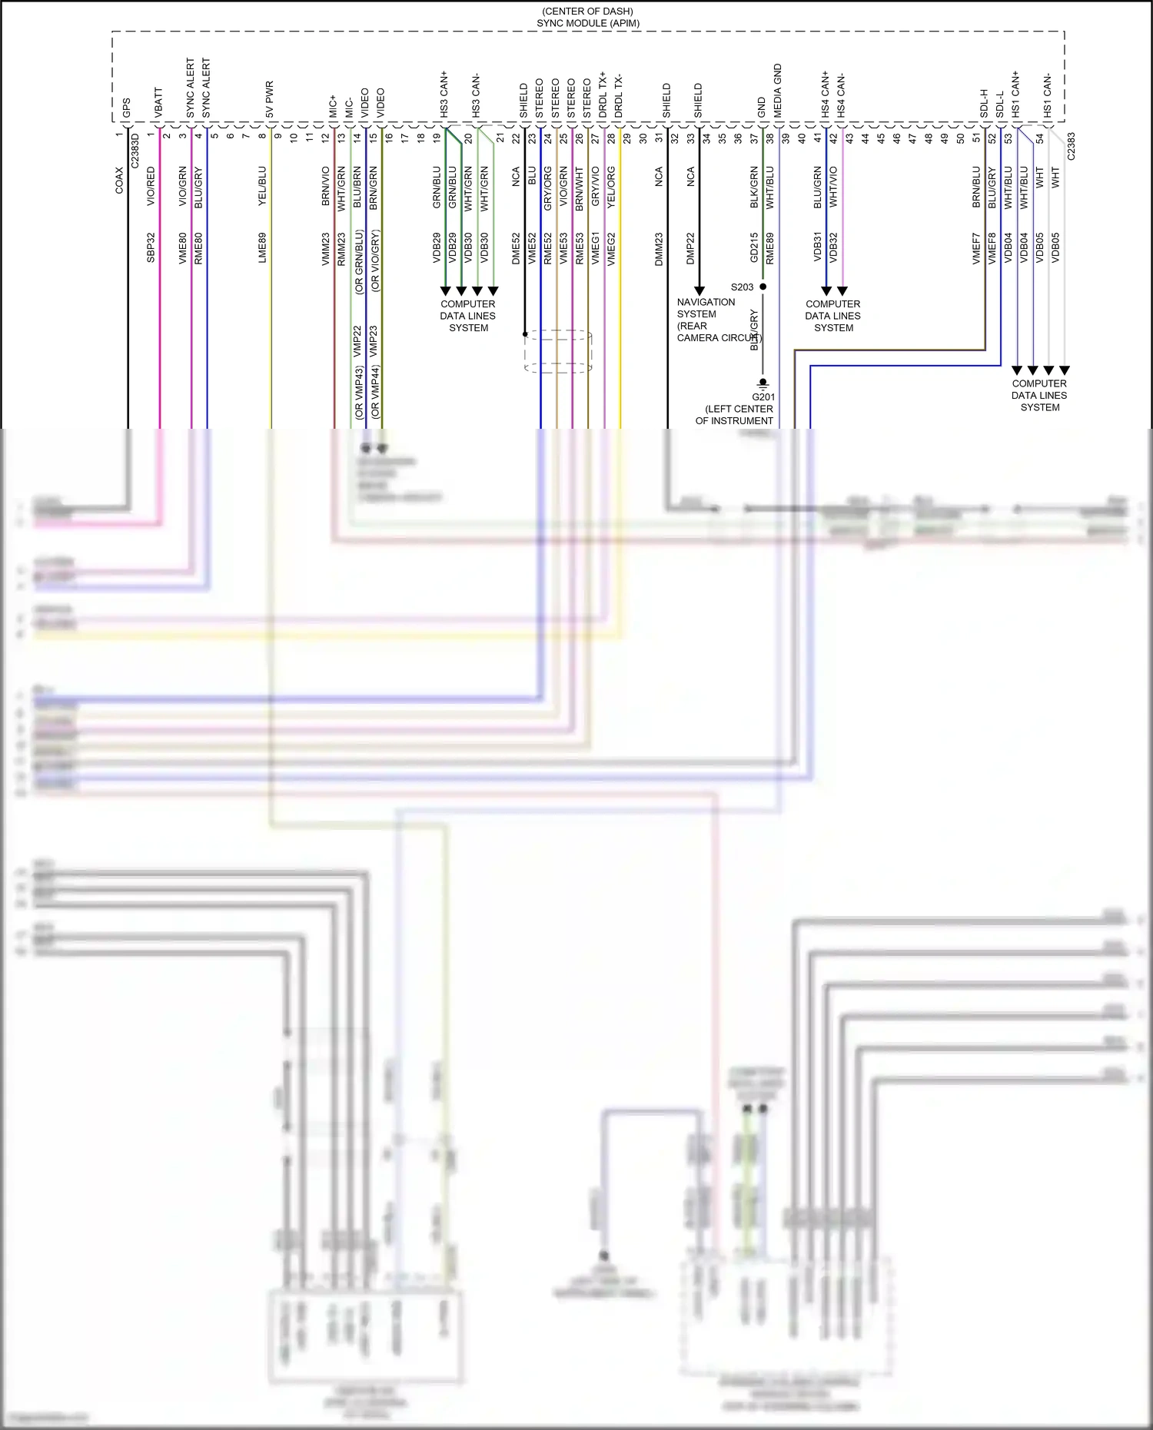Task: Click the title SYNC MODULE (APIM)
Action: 588,24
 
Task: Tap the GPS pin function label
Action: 127,108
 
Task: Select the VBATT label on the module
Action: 159,102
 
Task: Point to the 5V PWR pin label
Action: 269,99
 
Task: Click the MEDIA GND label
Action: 778,91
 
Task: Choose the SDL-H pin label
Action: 984,103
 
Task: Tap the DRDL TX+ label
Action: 603,95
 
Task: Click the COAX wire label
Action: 119,181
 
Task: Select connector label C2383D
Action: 135,151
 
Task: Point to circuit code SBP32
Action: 151,247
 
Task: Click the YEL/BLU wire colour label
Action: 262,186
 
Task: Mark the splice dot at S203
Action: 763,287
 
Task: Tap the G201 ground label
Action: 763,397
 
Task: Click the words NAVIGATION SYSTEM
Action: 706,308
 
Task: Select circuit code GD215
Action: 754,247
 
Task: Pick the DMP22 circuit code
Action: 690,248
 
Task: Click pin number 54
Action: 1039,139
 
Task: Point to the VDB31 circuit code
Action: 818,247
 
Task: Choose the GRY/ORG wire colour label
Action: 548,188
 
